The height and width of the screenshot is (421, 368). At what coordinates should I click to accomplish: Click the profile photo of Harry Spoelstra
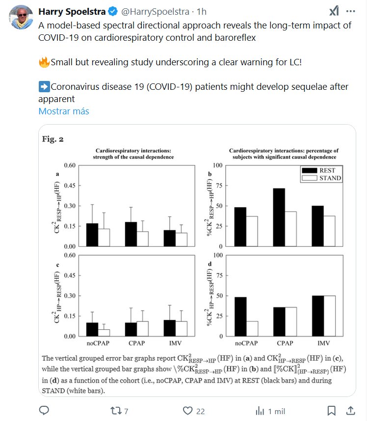click(21, 18)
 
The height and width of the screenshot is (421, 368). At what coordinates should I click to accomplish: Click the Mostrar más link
click(64, 111)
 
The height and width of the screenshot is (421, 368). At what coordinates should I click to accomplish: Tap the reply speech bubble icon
click(44, 410)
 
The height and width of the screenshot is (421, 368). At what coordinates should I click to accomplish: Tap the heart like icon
click(187, 410)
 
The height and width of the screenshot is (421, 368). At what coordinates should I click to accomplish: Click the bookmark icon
click(332, 410)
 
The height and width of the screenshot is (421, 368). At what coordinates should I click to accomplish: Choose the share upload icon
click(352, 410)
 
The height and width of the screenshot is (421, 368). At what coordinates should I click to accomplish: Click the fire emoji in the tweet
click(44, 62)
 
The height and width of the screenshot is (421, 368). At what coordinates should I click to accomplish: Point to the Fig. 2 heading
click(53, 139)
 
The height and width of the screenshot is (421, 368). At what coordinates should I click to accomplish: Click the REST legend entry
click(321, 170)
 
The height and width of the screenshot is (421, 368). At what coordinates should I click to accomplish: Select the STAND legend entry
click(321, 178)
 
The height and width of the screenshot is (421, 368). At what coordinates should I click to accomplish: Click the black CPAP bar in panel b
click(279, 217)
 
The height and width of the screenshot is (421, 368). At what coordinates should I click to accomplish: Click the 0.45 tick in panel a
click(69, 185)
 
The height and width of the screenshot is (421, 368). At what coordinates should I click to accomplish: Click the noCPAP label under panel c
click(98, 343)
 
